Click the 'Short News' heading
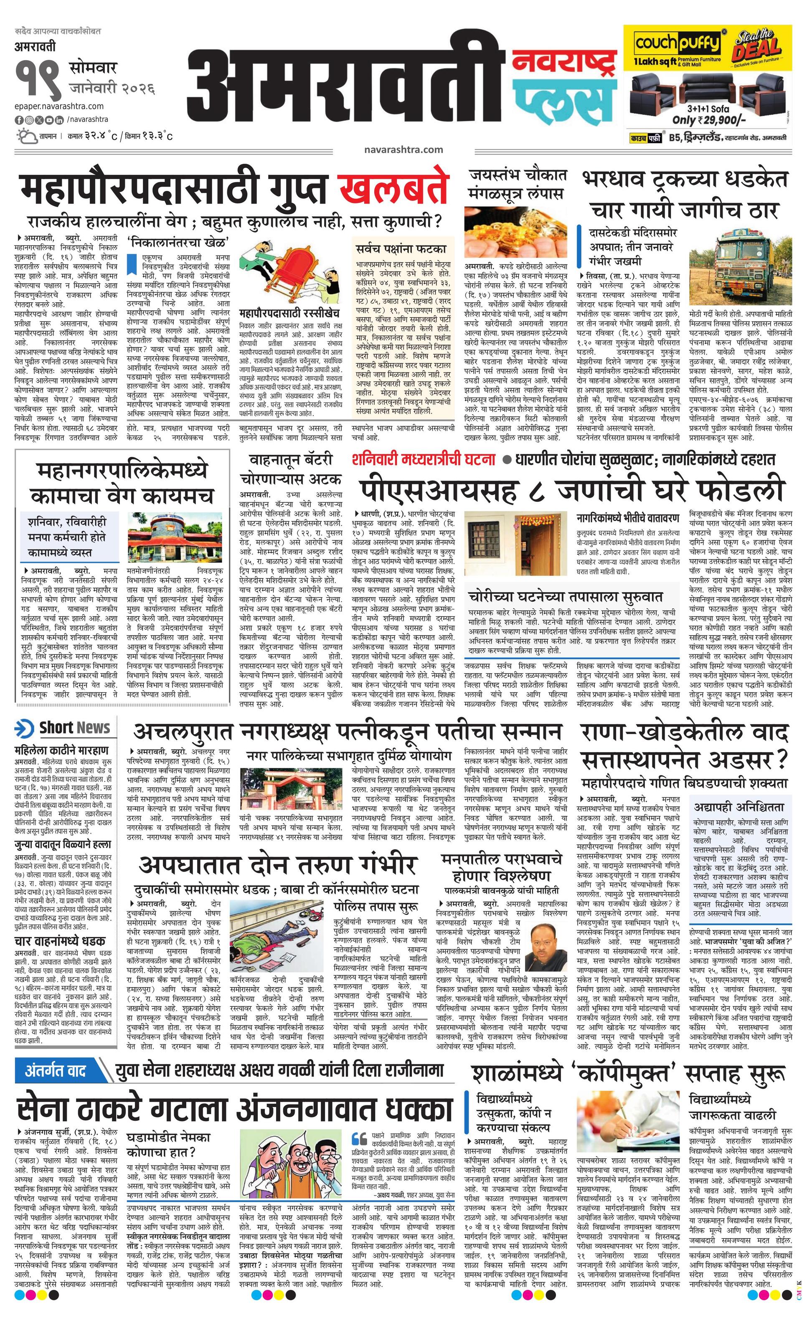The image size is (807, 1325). pyautogui.click(x=74, y=727)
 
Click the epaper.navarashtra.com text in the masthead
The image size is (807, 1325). pyautogui.click(x=59, y=106)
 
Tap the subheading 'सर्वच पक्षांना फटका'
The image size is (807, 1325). pyautogui.click(x=401, y=250)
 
